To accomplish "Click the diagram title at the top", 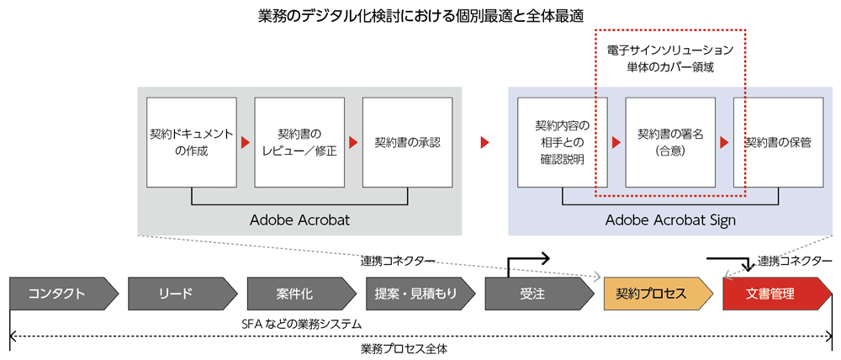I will pos(420,16).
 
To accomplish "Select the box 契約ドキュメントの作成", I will pos(191,142).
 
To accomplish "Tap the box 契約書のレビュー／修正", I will pos(299,142).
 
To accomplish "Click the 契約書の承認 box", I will pos(408,142).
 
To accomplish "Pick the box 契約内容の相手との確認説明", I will pos(563,142).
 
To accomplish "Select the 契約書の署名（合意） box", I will pos(670,142).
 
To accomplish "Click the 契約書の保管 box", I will pos(778,142).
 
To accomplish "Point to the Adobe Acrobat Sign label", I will pos(670,220).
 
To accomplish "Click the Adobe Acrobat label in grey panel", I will pos(299,220).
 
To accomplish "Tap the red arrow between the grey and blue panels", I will pos(484,142).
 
